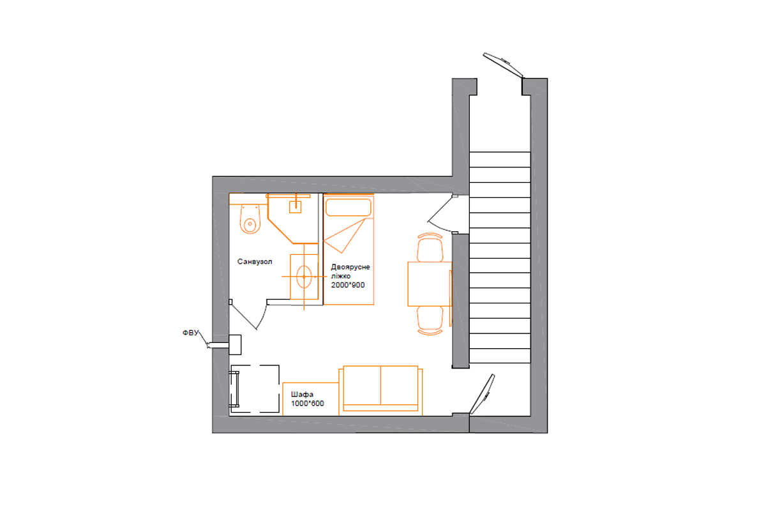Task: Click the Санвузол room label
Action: (255, 262)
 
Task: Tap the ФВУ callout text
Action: (190, 333)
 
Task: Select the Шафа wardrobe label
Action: (302, 394)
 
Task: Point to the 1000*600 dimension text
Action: (308, 404)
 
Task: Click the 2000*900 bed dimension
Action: (348, 285)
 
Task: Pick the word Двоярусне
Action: (350, 267)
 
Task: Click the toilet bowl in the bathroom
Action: (250, 219)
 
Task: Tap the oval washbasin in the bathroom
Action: (304, 277)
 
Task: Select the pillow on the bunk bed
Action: (349, 208)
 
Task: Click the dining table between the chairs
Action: (430, 284)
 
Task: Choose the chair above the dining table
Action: (430, 247)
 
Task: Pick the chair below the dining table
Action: (430, 321)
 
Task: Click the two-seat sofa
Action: (380, 390)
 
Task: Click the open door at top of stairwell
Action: (503, 65)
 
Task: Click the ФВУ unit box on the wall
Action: (235, 345)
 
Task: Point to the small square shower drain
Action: (295, 207)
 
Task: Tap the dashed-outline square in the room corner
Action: (255, 389)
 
